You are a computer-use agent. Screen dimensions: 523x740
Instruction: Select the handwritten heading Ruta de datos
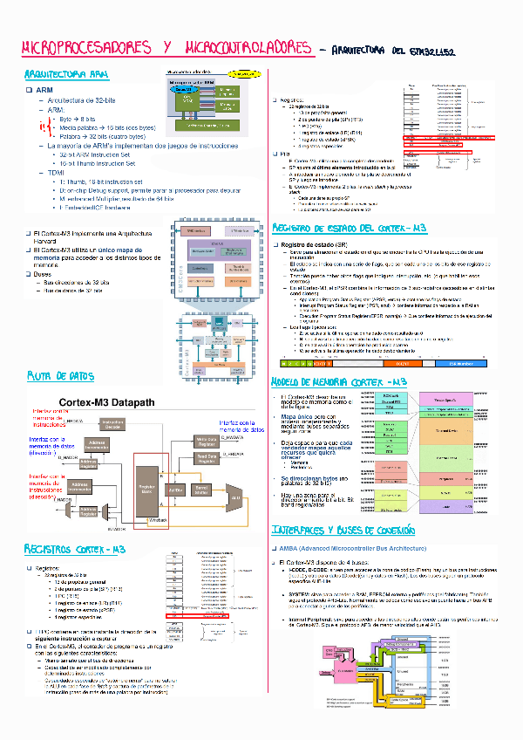(60, 376)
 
